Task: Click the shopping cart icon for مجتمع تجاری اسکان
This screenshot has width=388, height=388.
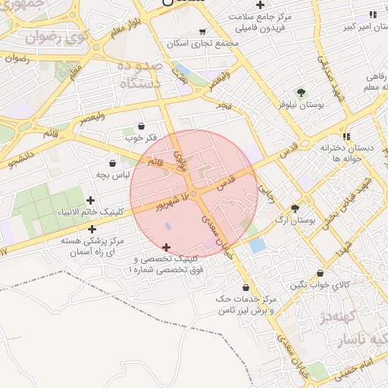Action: (202, 32)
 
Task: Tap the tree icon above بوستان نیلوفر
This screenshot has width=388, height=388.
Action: (302, 93)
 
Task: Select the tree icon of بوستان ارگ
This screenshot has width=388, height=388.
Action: (295, 208)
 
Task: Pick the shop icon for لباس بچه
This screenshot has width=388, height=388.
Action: (113, 163)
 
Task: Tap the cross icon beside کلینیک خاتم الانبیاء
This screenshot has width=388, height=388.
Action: (92, 201)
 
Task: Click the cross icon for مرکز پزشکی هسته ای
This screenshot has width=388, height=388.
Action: (92, 229)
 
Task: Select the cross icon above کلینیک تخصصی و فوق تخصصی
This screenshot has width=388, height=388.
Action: (167, 247)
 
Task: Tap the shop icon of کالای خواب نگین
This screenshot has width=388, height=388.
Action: (321, 274)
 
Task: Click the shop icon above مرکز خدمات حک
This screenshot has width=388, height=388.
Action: (246, 287)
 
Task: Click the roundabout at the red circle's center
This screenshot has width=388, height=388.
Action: (194, 195)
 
